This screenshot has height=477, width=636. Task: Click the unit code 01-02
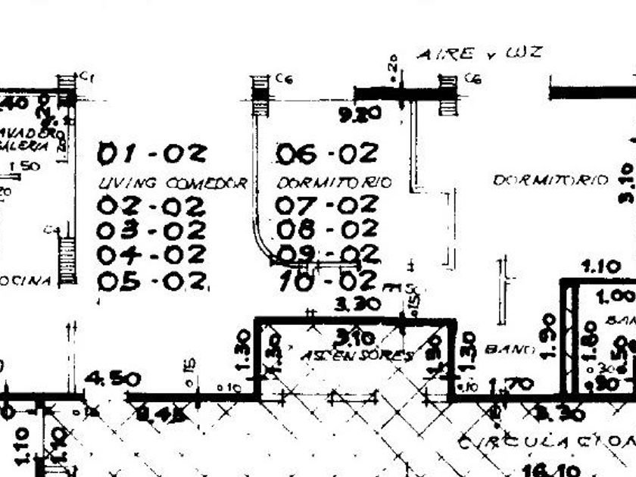coord(151,154)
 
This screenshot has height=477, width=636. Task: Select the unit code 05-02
coord(152,281)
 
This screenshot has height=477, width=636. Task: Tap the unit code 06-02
coord(326,154)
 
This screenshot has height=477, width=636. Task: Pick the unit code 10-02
coord(326,281)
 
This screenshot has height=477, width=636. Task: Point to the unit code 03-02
coord(151,229)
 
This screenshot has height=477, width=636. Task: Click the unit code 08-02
coord(326,229)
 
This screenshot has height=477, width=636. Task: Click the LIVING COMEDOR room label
coord(173,183)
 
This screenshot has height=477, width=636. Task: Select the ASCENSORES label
coord(357,355)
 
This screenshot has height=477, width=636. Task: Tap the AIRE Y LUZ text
coord(479,54)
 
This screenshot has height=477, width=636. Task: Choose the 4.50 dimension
coord(111,379)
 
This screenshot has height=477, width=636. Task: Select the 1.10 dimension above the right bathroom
coord(600,267)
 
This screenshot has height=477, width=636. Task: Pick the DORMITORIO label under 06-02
coord(334,183)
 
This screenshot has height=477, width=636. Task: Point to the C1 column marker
coord(86,76)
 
